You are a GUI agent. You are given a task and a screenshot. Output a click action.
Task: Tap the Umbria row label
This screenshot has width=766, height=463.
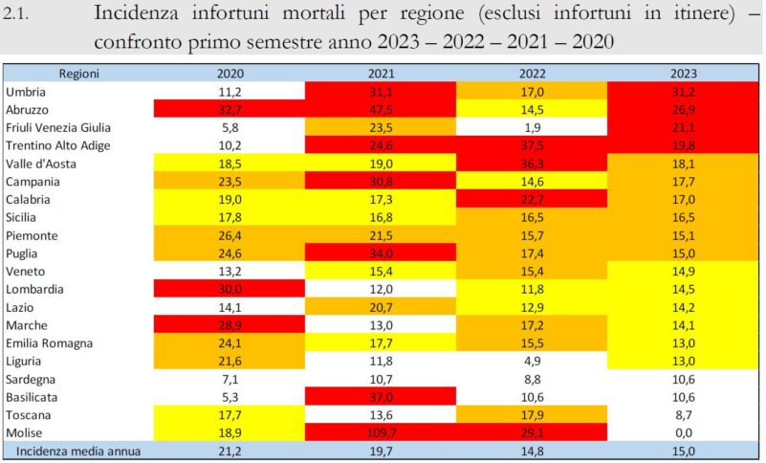coord(27,91)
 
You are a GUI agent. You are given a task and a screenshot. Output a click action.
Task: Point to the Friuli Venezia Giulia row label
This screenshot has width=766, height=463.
coord(58,127)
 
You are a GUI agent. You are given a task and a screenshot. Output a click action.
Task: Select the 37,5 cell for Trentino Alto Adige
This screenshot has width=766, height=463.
coord(533,145)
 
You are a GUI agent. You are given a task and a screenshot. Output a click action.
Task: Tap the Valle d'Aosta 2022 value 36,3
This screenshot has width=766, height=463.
coord(533,164)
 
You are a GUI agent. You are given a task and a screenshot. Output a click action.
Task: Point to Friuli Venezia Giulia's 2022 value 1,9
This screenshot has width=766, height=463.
coord(533,127)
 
